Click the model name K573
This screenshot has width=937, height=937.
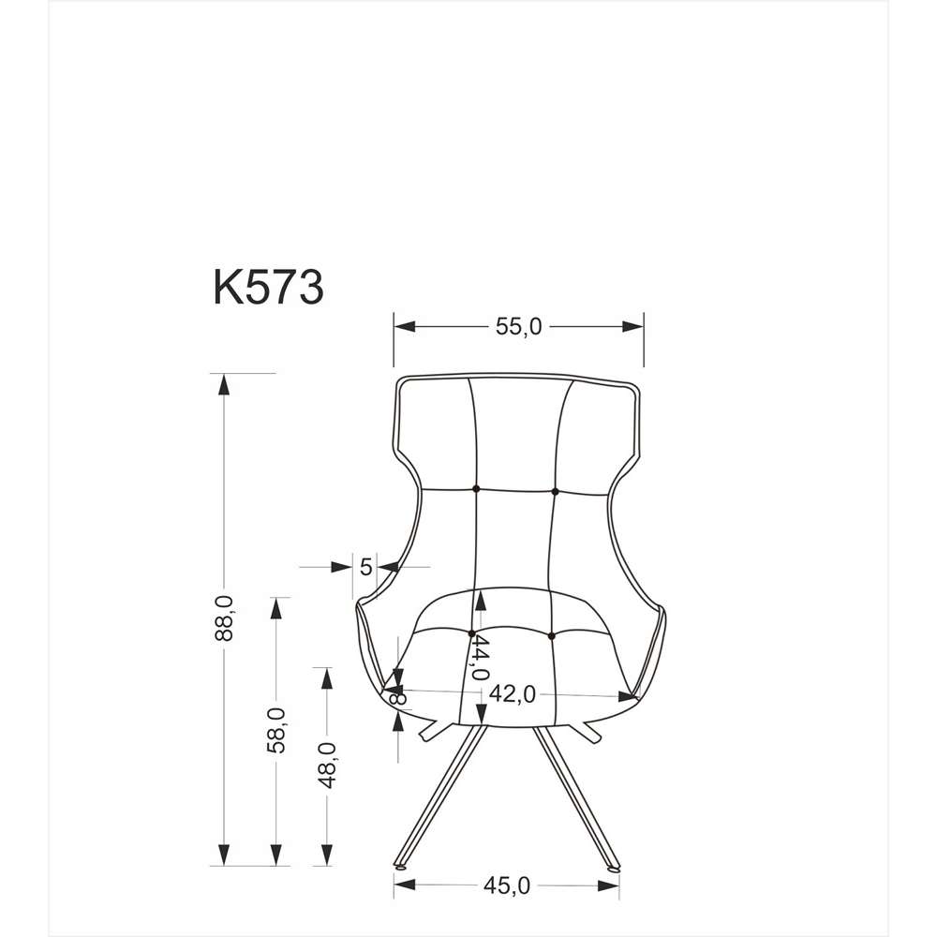click(268, 288)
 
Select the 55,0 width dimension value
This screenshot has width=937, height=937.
click(519, 327)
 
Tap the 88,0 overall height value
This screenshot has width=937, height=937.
click(224, 617)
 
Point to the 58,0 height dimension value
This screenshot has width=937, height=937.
click(275, 730)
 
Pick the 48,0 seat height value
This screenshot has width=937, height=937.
click(326, 766)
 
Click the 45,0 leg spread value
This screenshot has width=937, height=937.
click(507, 885)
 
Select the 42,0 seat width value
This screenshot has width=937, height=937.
click(513, 693)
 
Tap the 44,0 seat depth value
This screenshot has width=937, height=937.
click(480, 658)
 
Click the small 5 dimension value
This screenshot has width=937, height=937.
click(366, 567)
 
